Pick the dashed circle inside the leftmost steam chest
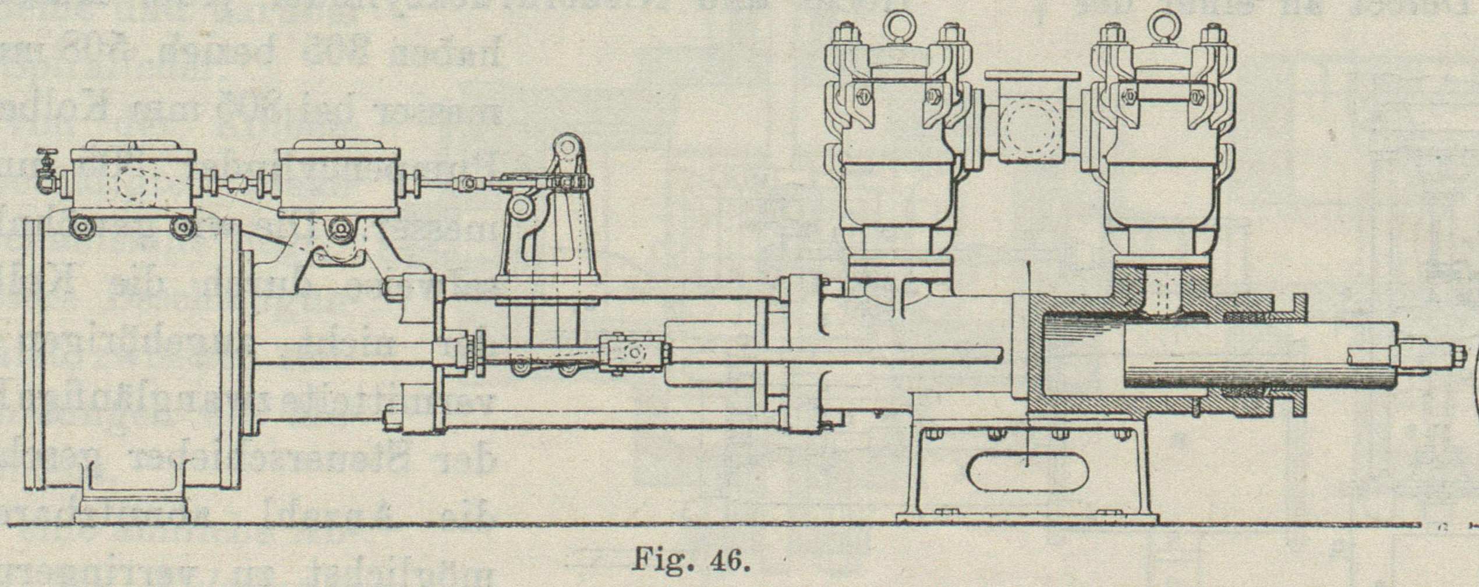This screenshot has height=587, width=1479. (x=133, y=183)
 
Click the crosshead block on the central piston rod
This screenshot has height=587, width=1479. (x=635, y=353)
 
